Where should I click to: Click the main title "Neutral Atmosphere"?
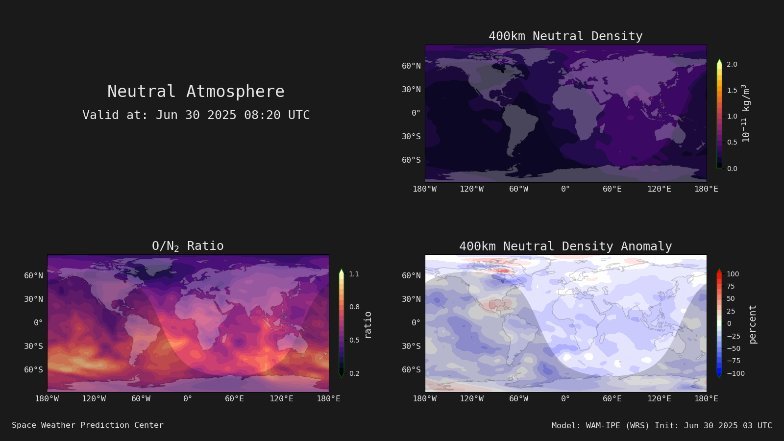[196, 91]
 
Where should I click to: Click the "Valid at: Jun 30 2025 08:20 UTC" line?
[196, 115]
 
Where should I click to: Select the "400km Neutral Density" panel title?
[565, 36]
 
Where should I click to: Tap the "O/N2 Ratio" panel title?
[188, 246]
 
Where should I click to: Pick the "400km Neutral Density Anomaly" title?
[565, 246]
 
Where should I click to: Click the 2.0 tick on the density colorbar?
[732, 64]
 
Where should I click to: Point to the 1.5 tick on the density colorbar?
[732, 90]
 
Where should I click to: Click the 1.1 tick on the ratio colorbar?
[354, 274]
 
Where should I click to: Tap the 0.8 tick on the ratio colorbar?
[354, 307]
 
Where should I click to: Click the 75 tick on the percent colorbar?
[731, 286]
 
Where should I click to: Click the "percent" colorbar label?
[753, 324]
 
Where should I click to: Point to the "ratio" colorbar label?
[367, 325]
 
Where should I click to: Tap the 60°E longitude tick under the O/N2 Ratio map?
[234, 399]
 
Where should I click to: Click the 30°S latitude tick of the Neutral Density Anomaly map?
[411, 346]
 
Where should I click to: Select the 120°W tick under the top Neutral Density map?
[471, 189]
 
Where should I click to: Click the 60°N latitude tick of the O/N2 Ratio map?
[34, 275]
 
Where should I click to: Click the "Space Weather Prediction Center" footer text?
[88, 425]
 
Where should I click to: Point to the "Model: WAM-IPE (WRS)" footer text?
[600, 426]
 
